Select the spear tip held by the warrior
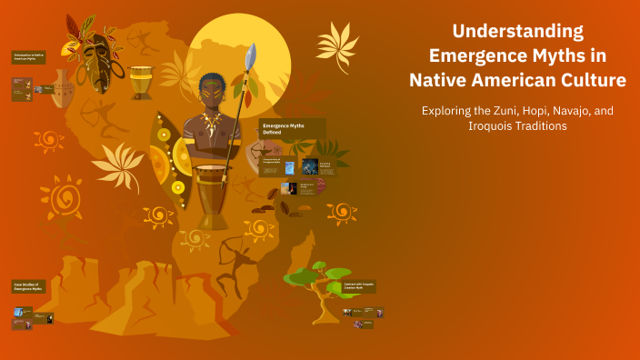tap(251, 55)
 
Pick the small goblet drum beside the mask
tap(141, 83)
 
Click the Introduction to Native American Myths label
tap(28, 57)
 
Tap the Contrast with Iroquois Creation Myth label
tap(360, 285)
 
